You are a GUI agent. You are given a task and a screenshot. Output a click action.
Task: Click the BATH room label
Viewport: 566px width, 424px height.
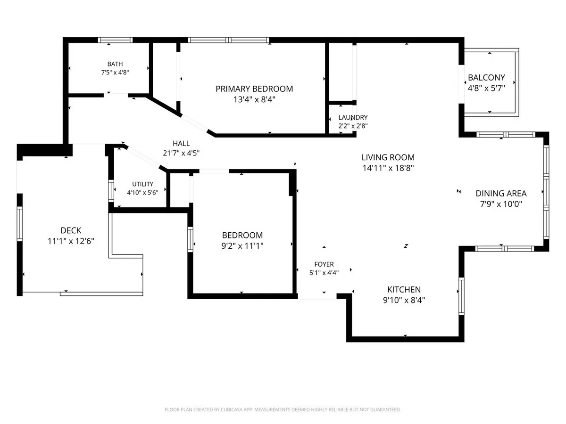pos(115,64)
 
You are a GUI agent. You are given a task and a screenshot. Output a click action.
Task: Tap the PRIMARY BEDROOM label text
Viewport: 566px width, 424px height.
pos(254,89)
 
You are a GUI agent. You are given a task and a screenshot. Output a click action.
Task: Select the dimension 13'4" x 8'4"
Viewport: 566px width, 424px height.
pos(254,99)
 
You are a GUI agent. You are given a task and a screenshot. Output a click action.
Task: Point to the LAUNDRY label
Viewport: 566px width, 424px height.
pos(353,117)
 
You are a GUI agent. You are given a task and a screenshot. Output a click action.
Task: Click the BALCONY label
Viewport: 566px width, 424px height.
pos(486,77)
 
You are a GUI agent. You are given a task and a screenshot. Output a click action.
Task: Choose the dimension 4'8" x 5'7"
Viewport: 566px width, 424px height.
pos(486,88)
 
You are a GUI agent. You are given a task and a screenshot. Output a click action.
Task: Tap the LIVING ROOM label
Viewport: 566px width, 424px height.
pos(388,157)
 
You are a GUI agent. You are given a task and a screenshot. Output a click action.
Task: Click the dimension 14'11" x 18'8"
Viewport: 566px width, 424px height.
pos(388,168)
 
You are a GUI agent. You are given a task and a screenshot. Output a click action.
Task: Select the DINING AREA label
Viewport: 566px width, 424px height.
pos(501,193)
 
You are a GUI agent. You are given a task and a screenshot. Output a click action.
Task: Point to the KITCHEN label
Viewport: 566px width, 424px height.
pos(404,290)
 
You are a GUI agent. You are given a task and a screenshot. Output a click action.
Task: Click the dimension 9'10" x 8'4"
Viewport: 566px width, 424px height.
pos(404,300)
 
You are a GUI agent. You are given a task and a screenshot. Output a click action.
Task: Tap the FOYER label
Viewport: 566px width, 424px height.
pos(324,264)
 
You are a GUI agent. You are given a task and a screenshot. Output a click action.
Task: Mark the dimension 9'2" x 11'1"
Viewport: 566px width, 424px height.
pos(242,246)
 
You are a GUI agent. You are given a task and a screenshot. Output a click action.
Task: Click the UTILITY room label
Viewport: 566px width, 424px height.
pos(142,184)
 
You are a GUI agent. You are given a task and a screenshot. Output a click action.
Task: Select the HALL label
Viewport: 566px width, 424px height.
pos(181,143)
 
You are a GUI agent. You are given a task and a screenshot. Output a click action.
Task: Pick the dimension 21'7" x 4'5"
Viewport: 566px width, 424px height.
pos(181,154)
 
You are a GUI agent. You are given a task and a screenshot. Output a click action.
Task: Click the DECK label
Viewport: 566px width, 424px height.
pos(71,230)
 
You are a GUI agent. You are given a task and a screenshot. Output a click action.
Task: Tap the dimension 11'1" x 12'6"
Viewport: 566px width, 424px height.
pos(71,241)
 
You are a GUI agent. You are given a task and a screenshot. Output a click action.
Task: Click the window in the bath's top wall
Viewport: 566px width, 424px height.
pos(115,40)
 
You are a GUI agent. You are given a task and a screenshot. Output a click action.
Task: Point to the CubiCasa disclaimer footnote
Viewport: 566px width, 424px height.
pos(283,409)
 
